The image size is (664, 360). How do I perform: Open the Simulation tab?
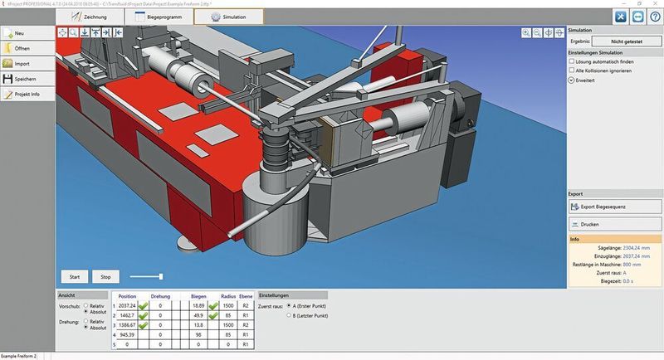click(228, 17)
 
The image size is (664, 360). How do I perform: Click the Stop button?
click(105, 276)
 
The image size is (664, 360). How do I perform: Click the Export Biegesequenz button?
click(614, 206)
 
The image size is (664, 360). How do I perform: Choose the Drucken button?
click(614, 224)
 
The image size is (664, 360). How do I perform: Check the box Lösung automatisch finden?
click(572, 61)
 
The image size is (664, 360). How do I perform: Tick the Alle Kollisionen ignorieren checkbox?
click(572, 71)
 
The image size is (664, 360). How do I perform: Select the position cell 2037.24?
click(127, 305)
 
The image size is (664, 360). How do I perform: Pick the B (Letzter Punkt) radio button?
click(288, 316)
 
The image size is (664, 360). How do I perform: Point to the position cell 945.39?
click(127, 334)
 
